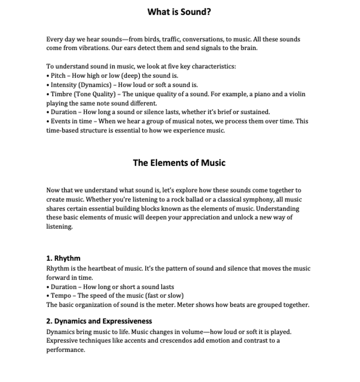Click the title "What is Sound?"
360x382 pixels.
point(179,12)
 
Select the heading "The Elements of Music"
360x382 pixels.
point(179,163)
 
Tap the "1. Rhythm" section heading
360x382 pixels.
point(63,258)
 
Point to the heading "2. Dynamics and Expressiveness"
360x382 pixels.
point(99,321)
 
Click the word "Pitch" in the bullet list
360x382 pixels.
point(58,75)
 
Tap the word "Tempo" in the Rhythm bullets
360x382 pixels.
point(61,296)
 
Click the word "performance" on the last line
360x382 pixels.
point(65,350)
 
